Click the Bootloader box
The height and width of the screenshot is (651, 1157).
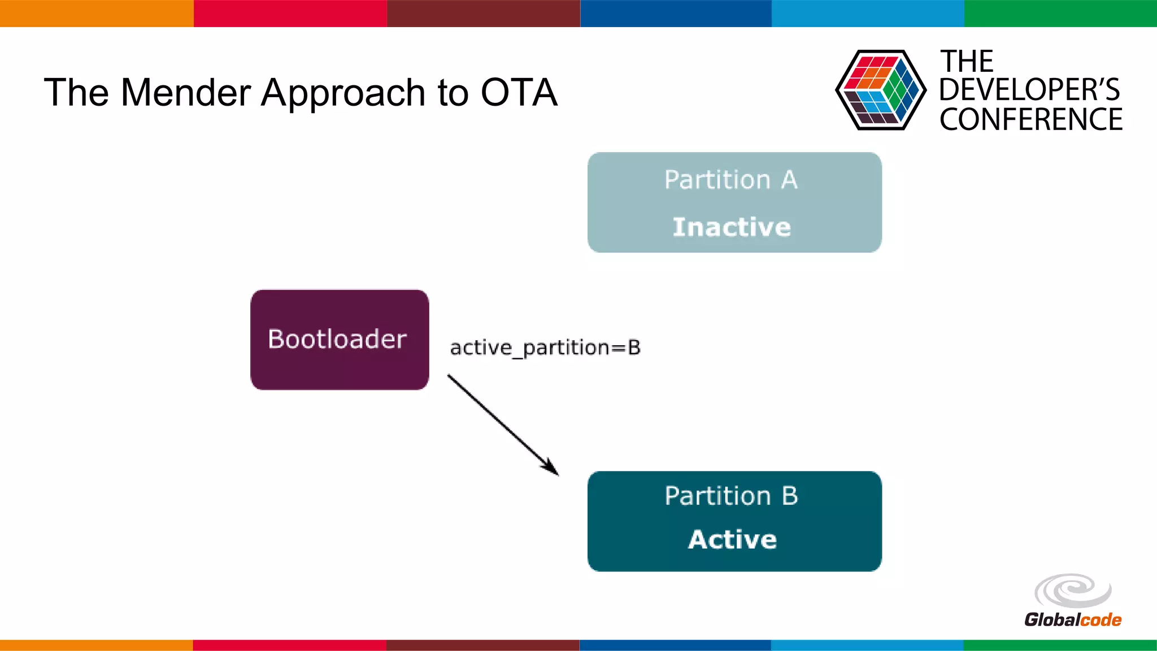pos(339,340)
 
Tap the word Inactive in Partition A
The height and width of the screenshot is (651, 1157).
pos(732,227)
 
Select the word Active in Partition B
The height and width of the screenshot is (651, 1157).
pos(732,539)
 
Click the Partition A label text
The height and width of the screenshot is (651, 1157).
pos(730,180)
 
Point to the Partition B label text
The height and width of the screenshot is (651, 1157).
pos(731,496)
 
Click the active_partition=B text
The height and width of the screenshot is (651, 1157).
pos(545,348)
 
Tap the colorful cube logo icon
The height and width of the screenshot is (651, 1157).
pos(880,90)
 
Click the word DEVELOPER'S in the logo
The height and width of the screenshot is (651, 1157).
pos(1029,90)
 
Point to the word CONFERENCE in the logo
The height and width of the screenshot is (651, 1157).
pos(1030,120)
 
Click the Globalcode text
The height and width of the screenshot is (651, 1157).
pos(1072,620)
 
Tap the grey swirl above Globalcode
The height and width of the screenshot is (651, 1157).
pos(1072,591)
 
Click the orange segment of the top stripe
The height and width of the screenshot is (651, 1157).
pos(96,13)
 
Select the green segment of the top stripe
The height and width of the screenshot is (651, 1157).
pos(1060,13)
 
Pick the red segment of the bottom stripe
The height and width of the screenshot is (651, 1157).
pos(289,645)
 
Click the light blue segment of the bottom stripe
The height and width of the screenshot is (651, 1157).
pos(867,645)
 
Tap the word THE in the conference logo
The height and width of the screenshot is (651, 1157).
pos(966,61)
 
